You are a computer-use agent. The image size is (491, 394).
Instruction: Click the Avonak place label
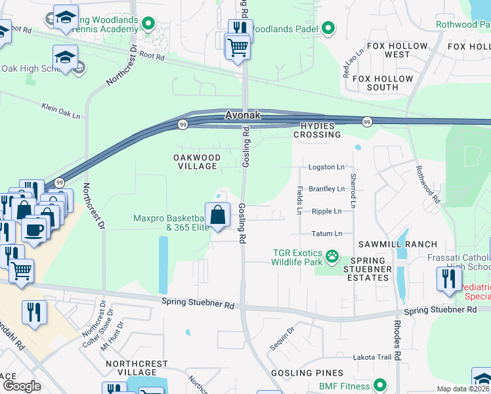(243, 115)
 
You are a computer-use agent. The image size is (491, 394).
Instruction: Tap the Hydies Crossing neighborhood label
(317, 130)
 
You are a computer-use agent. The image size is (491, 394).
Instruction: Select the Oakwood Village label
(196, 162)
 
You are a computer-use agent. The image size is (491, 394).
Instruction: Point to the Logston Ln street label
(326, 167)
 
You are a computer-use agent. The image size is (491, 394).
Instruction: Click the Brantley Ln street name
(326, 189)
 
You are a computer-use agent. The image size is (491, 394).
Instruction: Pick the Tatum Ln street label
(326, 234)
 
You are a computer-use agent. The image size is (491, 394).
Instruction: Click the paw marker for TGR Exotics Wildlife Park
(333, 255)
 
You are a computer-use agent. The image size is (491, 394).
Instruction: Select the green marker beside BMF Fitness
(379, 385)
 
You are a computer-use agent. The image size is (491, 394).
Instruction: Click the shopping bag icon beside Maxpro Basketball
(220, 214)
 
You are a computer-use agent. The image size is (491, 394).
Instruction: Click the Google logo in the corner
(22, 386)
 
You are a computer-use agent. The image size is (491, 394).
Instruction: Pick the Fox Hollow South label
(383, 83)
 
